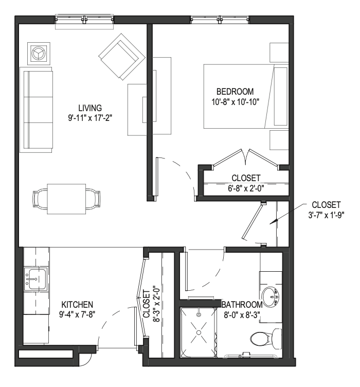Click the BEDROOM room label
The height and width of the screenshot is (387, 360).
[x=235, y=92]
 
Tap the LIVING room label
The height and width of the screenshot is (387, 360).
[x=90, y=108]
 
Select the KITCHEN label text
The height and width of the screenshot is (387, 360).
[x=77, y=304]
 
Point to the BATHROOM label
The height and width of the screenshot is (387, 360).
[x=242, y=305]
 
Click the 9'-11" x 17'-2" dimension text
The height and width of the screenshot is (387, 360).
[x=90, y=118]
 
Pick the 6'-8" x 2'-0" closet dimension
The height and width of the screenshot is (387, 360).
[x=246, y=188]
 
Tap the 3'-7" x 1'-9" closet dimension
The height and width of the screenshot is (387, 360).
[x=326, y=215]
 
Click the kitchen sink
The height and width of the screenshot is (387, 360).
[x=36, y=279]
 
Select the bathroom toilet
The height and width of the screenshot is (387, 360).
[x=266, y=339]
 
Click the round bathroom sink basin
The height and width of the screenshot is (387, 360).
[x=271, y=297]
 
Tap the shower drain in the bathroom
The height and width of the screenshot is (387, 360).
[x=199, y=332]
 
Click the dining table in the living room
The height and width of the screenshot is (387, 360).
[x=66, y=199]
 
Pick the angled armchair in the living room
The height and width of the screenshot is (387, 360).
[x=122, y=57]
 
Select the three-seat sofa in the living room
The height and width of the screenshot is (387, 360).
[x=36, y=110]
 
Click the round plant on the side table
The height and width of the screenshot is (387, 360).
[x=39, y=54]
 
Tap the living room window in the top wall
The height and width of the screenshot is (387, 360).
[x=84, y=19]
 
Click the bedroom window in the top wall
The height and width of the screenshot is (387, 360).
[x=220, y=19]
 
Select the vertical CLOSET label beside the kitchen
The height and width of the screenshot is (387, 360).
[x=147, y=304]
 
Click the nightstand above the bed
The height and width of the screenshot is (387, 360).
[x=279, y=52]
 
